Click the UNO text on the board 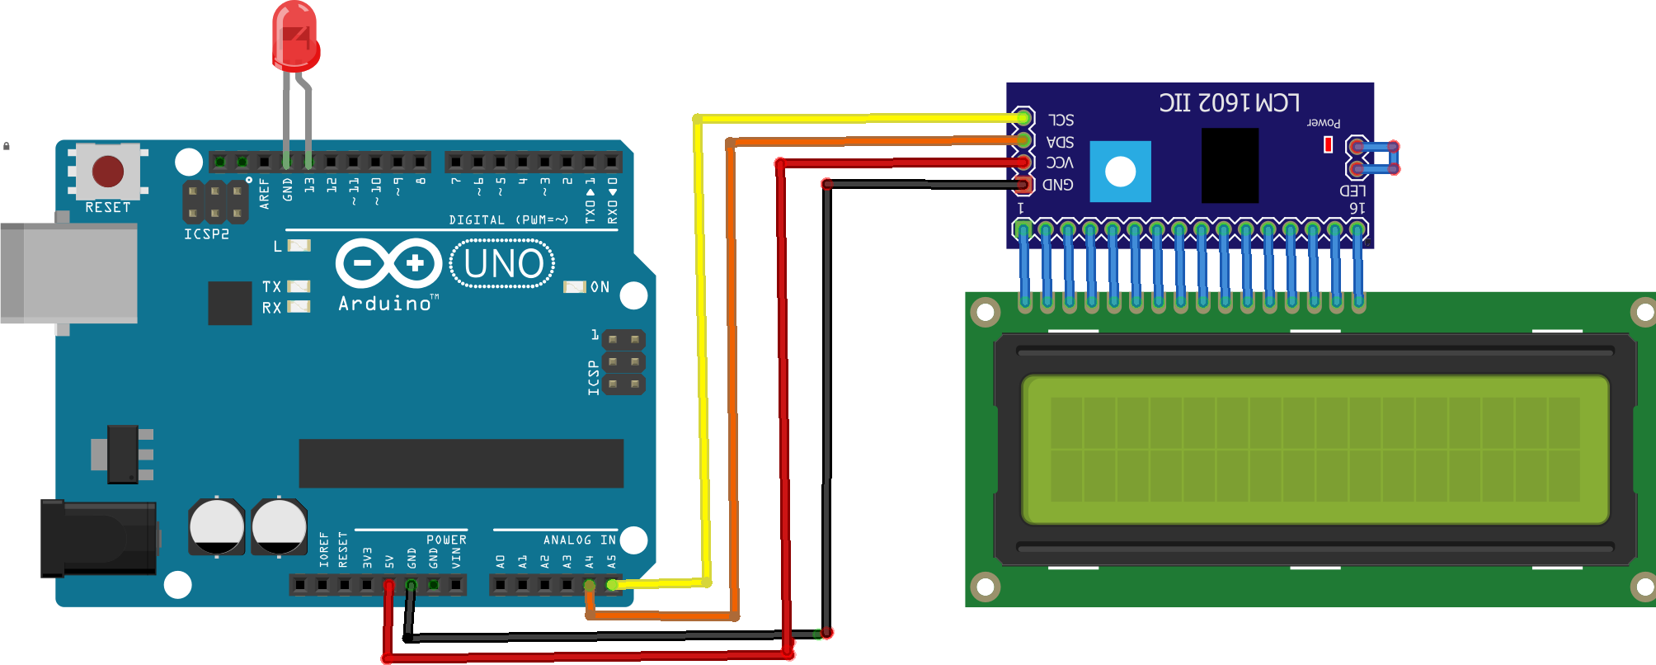(x=503, y=264)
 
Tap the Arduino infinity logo (x=388, y=263)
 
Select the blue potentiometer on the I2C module (x=1120, y=172)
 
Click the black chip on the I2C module (x=1230, y=165)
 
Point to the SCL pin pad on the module (x=1023, y=118)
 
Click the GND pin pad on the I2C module (x=1023, y=184)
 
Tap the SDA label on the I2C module (x=1060, y=142)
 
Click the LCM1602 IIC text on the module (x=1229, y=103)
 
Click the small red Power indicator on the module (x=1328, y=144)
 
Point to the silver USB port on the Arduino (x=69, y=272)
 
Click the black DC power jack (x=98, y=538)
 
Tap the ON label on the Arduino (x=600, y=287)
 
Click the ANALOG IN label (x=579, y=540)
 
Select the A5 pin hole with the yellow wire (x=612, y=585)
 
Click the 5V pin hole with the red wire (x=388, y=585)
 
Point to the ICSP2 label (x=206, y=234)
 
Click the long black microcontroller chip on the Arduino (x=461, y=463)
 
